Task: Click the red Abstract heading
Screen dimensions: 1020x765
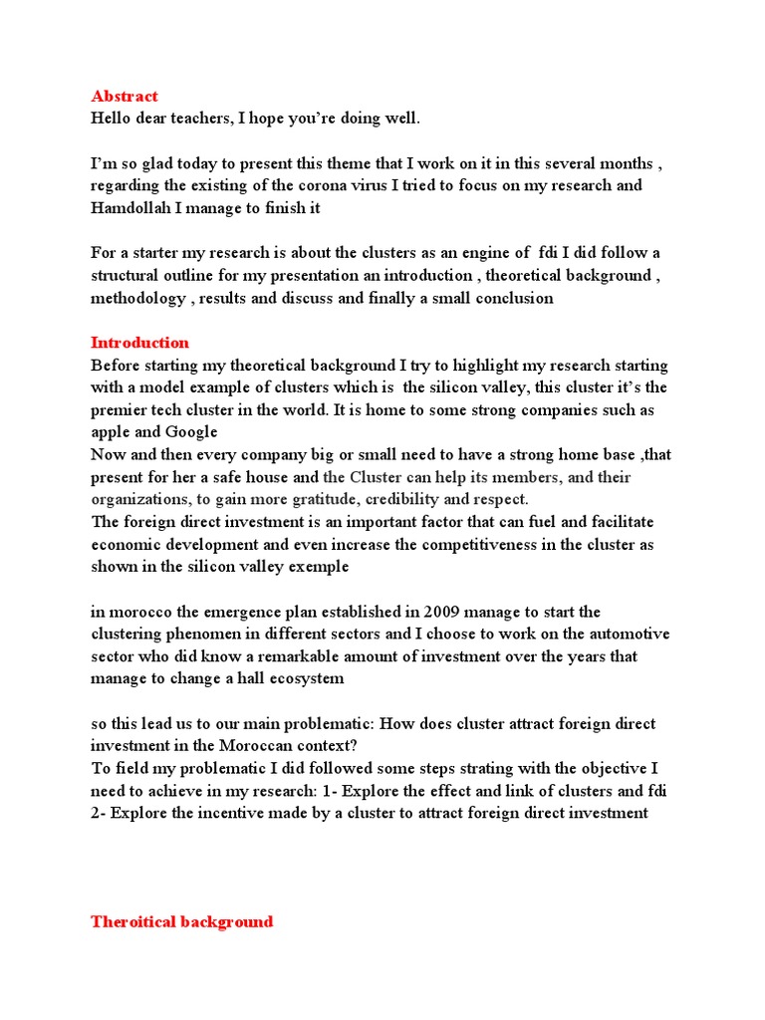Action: [125, 97]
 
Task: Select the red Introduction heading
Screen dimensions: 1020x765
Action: [139, 343]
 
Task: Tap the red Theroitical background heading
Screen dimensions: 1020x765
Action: [181, 921]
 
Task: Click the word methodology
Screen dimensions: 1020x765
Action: [137, 299]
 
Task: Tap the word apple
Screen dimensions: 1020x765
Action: [111, 432]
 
